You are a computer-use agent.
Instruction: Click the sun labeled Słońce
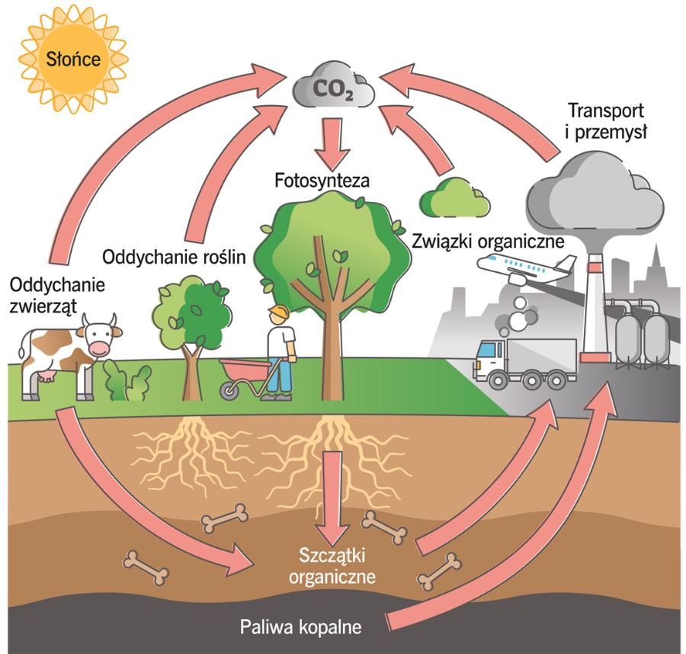coord(73,59)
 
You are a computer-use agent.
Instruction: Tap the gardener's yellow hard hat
coord(279,313)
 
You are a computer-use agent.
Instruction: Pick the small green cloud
coord(454,197)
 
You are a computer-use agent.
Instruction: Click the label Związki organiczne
coord(488,242)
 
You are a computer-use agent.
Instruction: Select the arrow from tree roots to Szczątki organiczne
coord(331,495)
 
